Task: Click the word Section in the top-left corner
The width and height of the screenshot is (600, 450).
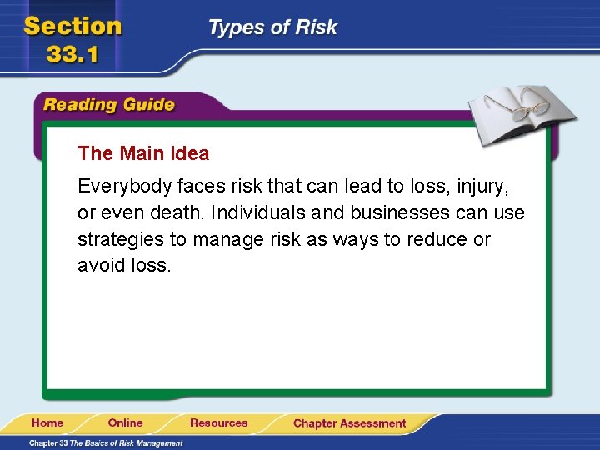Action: pos(72,27)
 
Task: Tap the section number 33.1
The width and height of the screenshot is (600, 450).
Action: pos(73,56)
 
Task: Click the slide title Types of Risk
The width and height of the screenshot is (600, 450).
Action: pos(272,27)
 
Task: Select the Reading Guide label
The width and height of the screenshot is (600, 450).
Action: pos(108,105)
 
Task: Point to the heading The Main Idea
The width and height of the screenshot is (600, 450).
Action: pos(143,153)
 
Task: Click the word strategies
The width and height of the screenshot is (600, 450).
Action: pos(120,240)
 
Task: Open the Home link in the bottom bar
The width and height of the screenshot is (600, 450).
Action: pos(47,423)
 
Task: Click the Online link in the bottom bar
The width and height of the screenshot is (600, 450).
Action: pos(125,423)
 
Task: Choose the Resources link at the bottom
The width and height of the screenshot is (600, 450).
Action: pos(218,423)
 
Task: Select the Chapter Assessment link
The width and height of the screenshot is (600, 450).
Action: pos(349,423)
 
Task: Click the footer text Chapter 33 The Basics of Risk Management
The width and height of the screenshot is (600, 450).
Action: pos(105,442)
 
